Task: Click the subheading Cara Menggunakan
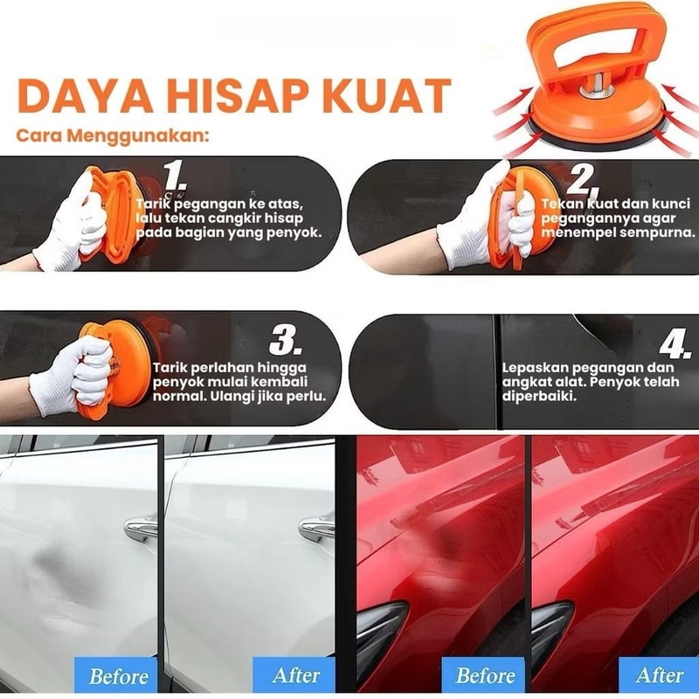(113, 135)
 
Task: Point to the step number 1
(175, 176)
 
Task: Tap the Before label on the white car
(118, 675)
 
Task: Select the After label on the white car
(295, 675)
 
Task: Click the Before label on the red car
(485, 675)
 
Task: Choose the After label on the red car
(659, 675)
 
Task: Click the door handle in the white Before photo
(142, 528)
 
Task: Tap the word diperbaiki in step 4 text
(539, 396)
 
